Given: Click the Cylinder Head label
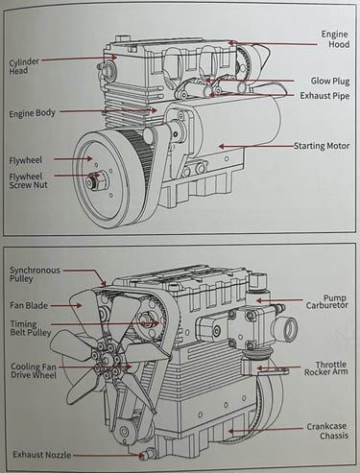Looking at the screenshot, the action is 24,66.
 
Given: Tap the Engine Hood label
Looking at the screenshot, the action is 335,39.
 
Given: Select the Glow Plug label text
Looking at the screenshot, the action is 330,81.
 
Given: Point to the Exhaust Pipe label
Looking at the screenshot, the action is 324,96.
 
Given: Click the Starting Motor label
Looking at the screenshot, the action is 322,146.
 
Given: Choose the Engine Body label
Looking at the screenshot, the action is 32,113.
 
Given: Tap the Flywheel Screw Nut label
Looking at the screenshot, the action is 28,180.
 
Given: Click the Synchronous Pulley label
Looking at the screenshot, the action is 35,274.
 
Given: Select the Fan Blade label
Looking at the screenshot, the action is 29,305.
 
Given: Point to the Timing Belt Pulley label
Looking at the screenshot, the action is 31,328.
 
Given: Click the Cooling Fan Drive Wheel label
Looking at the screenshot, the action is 34,370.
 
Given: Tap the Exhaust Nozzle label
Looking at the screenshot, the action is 42,455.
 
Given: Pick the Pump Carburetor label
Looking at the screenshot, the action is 326,301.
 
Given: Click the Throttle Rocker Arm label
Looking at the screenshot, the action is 325,368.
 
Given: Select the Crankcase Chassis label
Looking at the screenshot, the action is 327,431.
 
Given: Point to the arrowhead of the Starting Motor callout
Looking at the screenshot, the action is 221,147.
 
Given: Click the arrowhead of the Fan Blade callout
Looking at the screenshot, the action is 79,305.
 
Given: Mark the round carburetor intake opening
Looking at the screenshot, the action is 288,329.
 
